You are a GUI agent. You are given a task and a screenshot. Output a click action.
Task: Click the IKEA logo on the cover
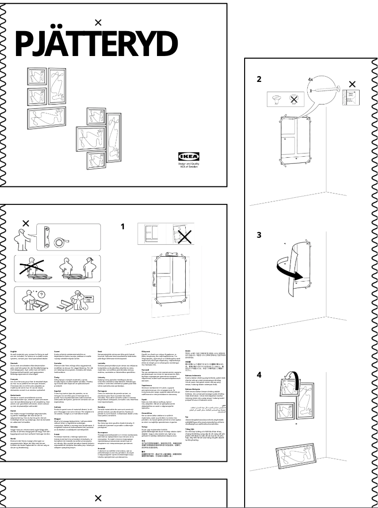(189, 157)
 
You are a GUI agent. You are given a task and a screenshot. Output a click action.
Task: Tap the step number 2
(259, 79)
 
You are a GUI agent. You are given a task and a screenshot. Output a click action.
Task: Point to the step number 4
(259, 375)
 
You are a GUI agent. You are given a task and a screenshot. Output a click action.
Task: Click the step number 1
(123, 226)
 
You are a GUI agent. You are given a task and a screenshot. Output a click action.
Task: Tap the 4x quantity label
(311, 79)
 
